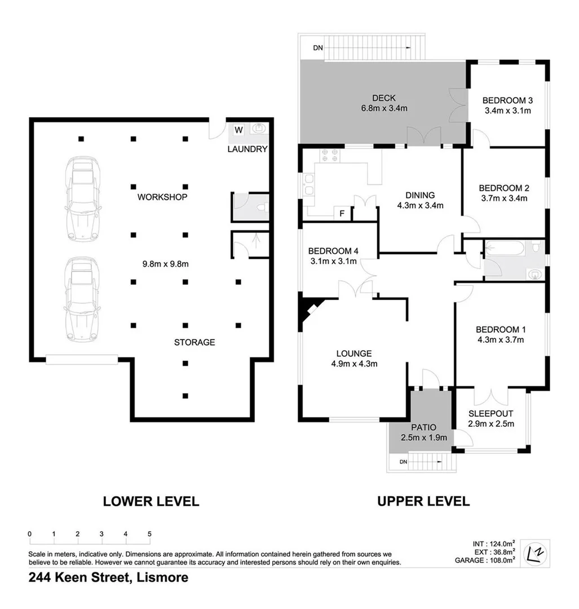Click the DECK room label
[x=383, y=98]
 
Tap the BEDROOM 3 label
[x=507, y=101]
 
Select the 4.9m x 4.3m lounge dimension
[x=353, y=364]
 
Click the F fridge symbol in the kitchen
[x=341, y=214]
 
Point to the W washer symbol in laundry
[x=238, y=130]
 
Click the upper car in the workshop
[x=83, y=198]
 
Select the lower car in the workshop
[x=82, y=299]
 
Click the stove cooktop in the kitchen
[x=329, y=155]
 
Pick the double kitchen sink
[x=309, y=185]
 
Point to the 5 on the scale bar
[x=150, y=533]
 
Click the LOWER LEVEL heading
[x=151, y=501]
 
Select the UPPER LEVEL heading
[x=423, y=501]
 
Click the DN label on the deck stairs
[x=318, y=48]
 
